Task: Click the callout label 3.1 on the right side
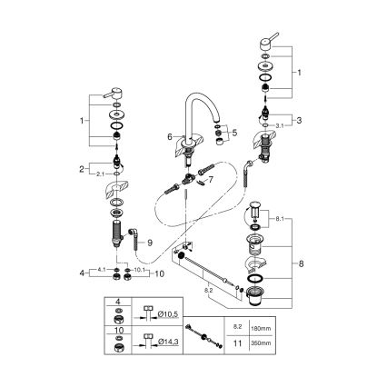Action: click(280, 126)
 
